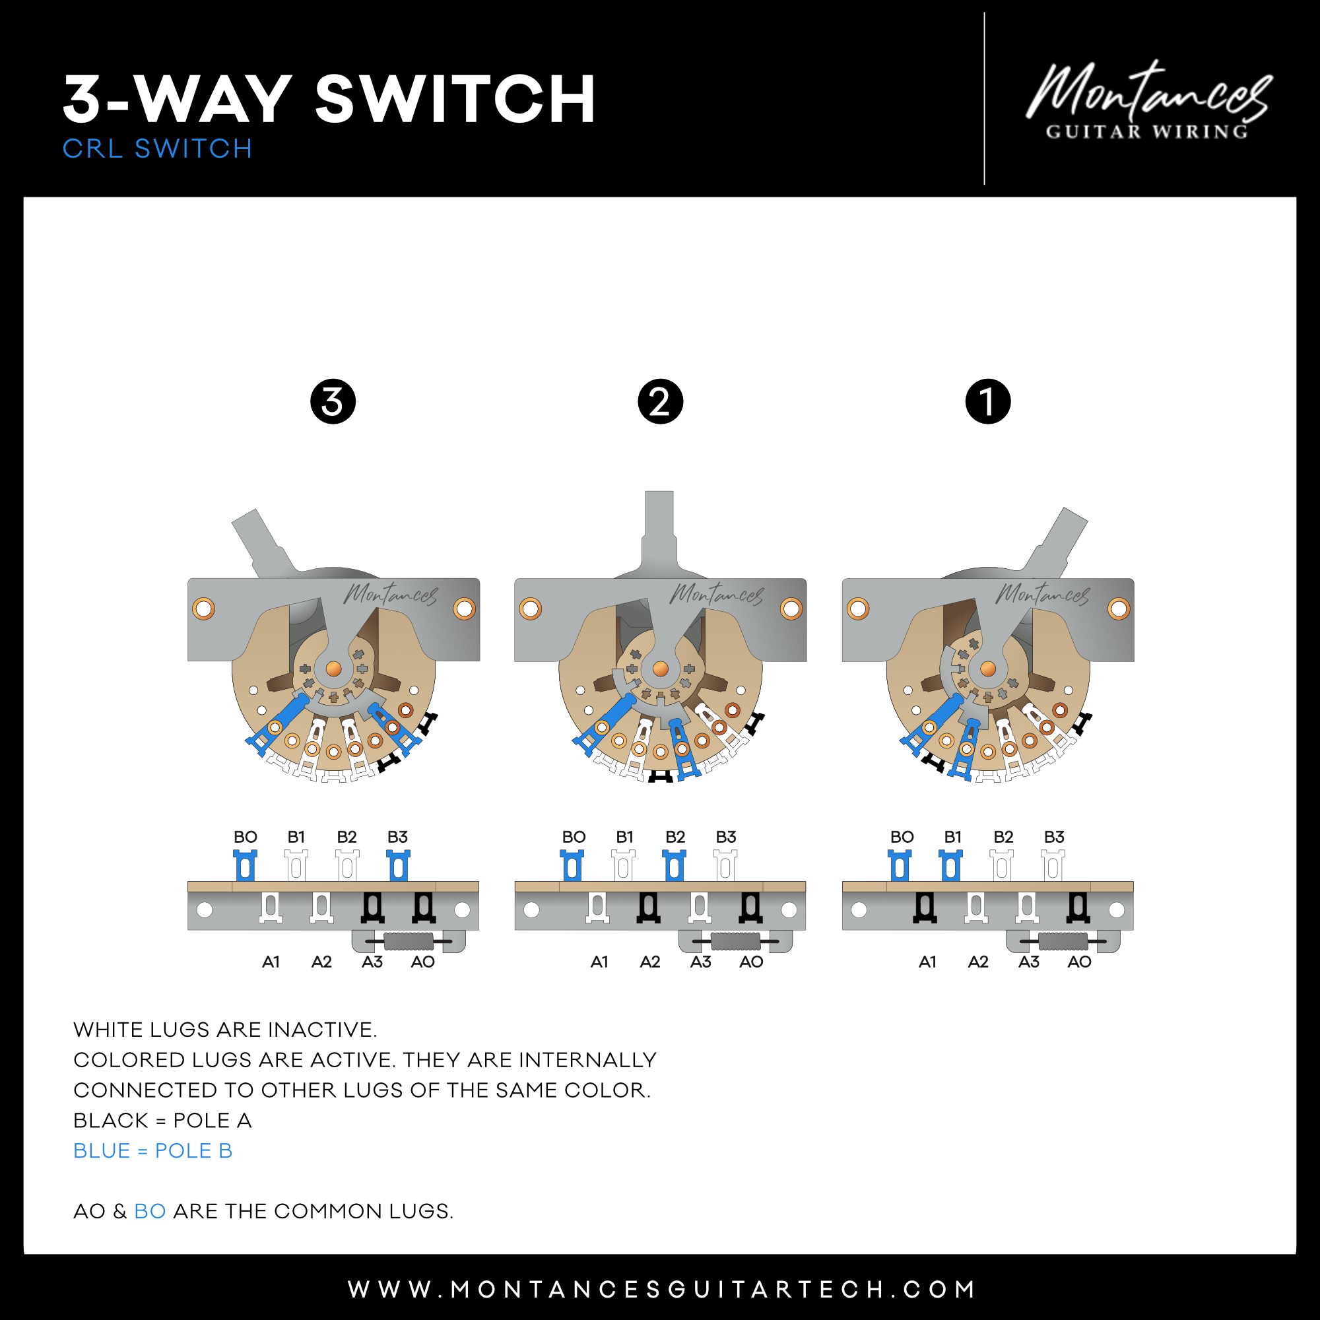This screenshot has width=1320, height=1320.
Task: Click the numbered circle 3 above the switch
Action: (x=333, y=401)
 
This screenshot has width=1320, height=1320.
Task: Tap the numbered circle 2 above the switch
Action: (x=660, y=401)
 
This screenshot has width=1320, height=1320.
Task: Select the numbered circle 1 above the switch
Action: (x=988, y=401)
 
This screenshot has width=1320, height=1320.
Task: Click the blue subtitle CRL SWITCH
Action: (x=157, y=149)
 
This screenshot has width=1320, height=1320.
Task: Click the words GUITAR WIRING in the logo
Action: (x=1147, y=132)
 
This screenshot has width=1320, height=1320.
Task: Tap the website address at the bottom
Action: (x=661, y=1289)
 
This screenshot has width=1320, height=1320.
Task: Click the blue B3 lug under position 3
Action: (x=399, y=866)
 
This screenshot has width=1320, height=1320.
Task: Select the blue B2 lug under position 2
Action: (x=675, y=866)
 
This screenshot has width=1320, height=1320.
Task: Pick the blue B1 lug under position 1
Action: (x=950, y=866)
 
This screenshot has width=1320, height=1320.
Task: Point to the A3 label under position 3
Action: (x=372, y=962)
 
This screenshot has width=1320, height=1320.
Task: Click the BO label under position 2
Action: (x=574, y=837)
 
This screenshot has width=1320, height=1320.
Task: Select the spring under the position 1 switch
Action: (x=1063, y=942)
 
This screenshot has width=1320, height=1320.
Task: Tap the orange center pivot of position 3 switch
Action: (x=333, y=668)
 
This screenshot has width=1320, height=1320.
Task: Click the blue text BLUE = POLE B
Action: (x=153, y=1150)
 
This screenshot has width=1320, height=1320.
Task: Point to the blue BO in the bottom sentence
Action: (x=150, y=1211)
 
